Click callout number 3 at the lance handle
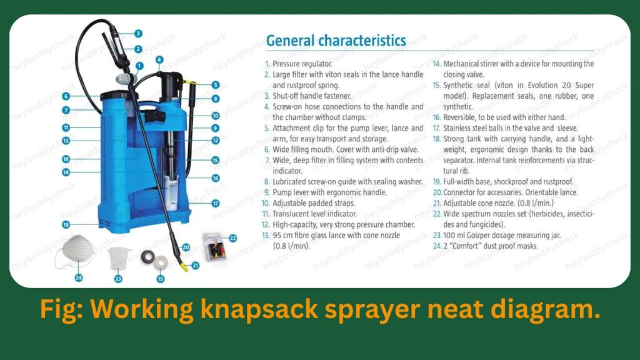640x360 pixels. pyautogui.click(x=138, y=33)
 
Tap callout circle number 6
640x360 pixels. pyautogui.click(x=66, y=96)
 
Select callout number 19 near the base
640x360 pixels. pyautogui.click(x=66, y=224)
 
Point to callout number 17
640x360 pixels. pyautogui.click(x=215, y=203)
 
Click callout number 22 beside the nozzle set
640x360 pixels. pyautogui.click(x=233, y=237)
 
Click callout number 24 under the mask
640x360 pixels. pyautogui.click(x=79, y=277)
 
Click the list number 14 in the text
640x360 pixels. pyautogui.click(x=437, y=64)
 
